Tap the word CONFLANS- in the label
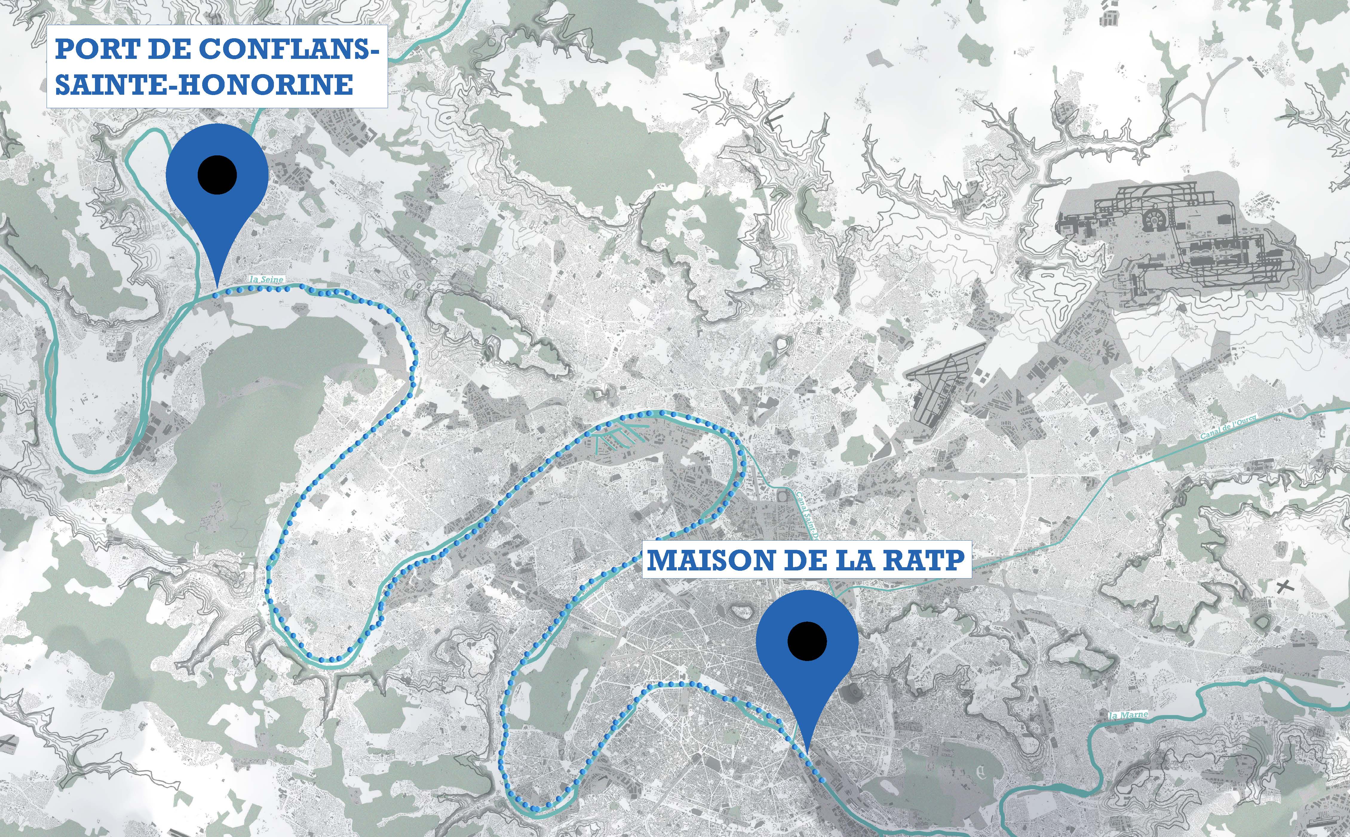pos(288,49)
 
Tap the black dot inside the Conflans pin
pos(217,175)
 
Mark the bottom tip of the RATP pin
pos(807,753)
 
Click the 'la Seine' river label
pos(267,280)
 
